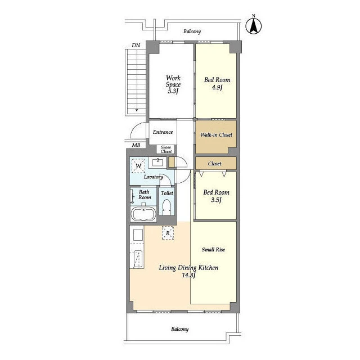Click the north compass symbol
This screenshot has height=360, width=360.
click(254, 26)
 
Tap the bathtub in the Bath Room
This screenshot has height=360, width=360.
click(143, 214)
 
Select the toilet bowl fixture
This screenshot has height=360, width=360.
click(166, 207)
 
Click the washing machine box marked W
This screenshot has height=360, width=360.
click(138, 165)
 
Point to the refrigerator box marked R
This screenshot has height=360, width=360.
click(168, 233)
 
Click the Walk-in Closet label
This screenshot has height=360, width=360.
click(216, 135)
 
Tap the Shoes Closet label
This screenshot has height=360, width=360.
click(166, 149)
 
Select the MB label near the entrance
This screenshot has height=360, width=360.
click(136, 145)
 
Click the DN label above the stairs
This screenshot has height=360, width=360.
click(136, 45)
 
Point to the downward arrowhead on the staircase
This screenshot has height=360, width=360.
click(137, 110)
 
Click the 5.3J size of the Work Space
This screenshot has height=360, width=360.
click(173, 91)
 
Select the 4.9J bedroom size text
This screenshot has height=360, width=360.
click(217, 87)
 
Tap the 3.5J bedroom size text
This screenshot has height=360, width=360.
click(216, 200)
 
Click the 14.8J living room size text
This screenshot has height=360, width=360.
click(188, 275)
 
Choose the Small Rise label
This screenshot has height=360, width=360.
click(213, 250)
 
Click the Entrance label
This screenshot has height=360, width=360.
click(163, 132)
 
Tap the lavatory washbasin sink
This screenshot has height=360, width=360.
click(157, 162)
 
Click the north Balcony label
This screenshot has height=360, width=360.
click(192, 31)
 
